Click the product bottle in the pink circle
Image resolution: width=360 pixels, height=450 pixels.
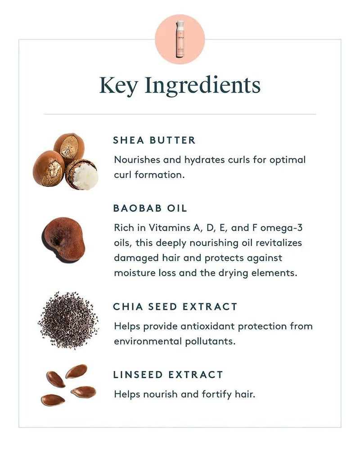[180, 39]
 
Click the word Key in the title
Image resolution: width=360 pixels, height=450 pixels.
[118, 85]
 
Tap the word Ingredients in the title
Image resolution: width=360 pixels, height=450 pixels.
[202, 85]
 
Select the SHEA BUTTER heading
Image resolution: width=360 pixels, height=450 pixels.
[154, 140]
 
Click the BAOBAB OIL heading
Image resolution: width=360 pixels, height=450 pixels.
[150, 208]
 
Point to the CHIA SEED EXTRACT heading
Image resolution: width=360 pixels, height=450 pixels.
[175, 307]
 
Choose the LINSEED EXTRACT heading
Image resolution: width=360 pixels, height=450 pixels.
[168, 374]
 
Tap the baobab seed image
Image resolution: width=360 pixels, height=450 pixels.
[64, 240]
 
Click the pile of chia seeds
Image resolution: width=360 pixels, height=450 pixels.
[68, 320]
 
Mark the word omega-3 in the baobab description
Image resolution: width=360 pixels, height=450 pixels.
[281, 228]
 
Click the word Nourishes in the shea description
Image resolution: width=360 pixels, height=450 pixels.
[137, 160]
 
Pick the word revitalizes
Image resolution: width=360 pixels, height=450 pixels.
[279, 243]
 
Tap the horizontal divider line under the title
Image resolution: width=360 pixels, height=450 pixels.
[180, 114]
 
